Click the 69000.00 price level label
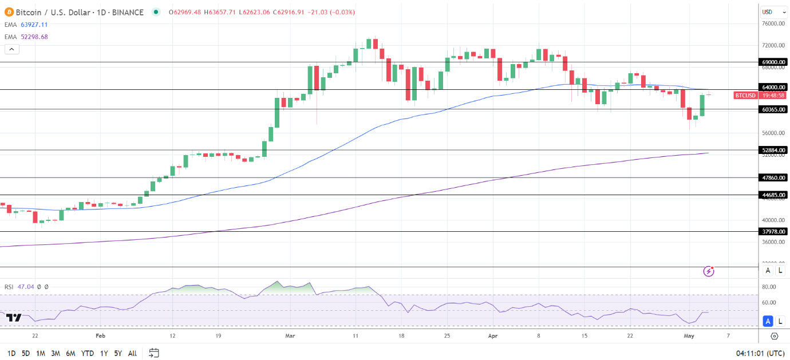point(773,62)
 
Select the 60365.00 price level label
point(773,109)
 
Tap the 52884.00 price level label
point(773,150)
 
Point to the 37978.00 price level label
point(773,231)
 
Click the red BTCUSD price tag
point(745,96)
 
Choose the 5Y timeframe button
point(117,353)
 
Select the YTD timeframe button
point(88,353)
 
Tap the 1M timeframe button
point(41,353)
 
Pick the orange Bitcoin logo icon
point(9,12)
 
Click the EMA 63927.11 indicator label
point(26,25)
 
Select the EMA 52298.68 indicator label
point(26,37)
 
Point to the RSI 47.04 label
point(18,287)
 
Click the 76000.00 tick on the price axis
point(773,23)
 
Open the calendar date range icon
point(153,353)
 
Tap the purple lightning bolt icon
point(709,271)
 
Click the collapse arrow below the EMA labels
point(11,49)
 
